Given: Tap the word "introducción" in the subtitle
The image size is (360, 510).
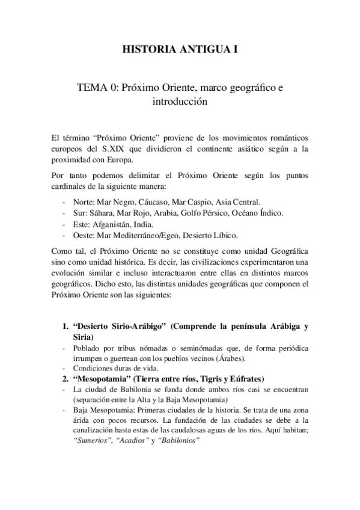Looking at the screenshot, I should click(x=180, y=102).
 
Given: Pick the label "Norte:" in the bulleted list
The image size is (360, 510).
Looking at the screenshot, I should click(x=84, y=202).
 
